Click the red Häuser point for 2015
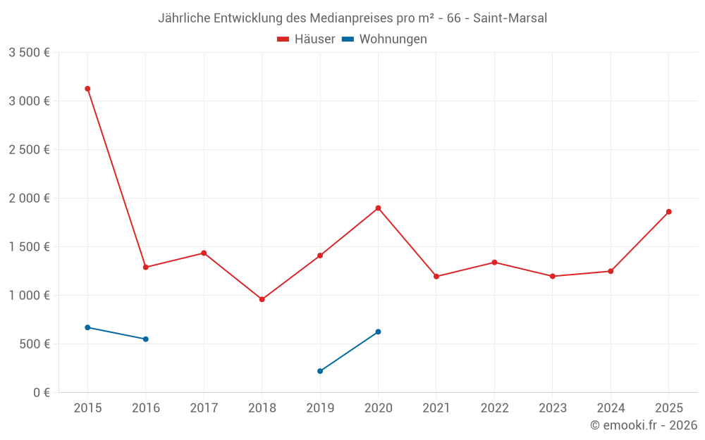pyautogui.click(x=87, y=89)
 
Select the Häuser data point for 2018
pyautogui.click(x=262, y=299)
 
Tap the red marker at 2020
pyautogui.click(x=378, y=208)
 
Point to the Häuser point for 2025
pyautogui.click(x=668, y=212)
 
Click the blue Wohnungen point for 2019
pyautogui.click(x=320, y=371)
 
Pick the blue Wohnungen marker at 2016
pyautogui.click(x=146, y=339)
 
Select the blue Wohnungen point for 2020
pyautogui.click(x=378, y=332)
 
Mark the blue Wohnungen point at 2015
pyautogui.click(x=87, y=327)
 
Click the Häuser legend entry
pyautogui.click(x=306, y=39)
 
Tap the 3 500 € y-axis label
pyautogui.click(x=29, y=53)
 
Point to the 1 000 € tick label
pyautogui.click(x=29, y=295)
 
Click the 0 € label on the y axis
pyautogui.click(x=38, y=392)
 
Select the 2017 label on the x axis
pyautogui.click(x=204, y=408)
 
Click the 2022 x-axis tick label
pyautogui.click(x=494, y=408)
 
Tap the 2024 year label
pyautogui.click(x=611, y=408)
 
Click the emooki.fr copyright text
pyautogui.click(x=644, y=425)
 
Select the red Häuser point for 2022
pyautogui.click(x=494, y=263)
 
